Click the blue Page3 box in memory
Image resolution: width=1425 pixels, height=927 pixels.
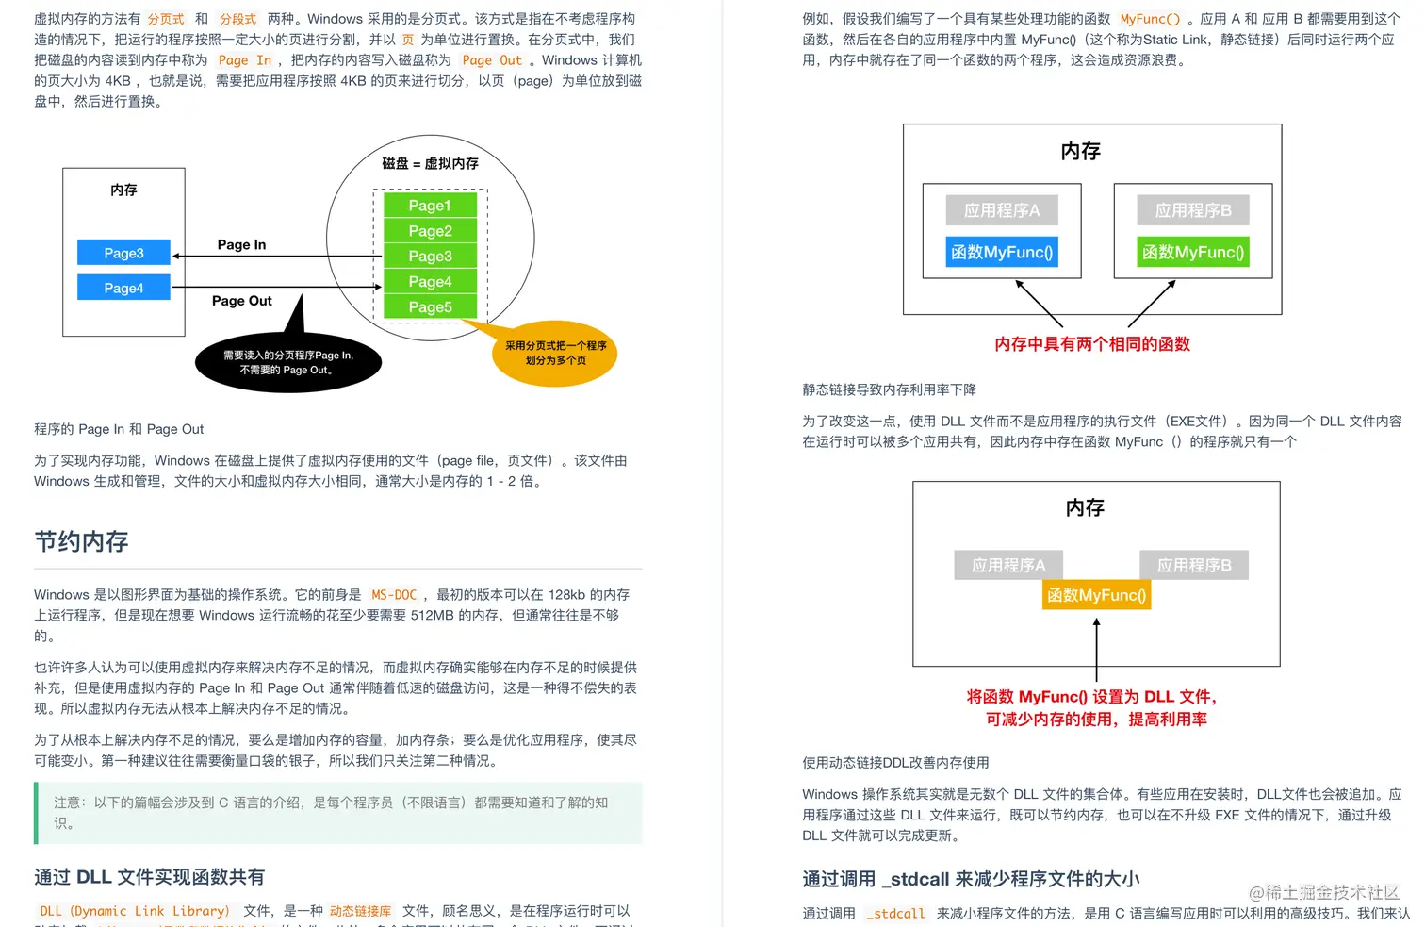pyautogui.click(x=123, y=253)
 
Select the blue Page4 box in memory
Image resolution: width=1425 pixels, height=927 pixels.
pyautogui.click(x=123, y=288)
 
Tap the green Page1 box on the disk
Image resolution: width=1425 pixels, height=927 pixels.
pyautogui.click(x=430, y=206)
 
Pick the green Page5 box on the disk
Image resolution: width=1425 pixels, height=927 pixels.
pyautogui.click(x=430, y=306)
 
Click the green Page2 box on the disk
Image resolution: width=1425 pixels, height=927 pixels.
pyautogui.click(x=430, y=231)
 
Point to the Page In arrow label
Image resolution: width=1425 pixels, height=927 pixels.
pyautogui.click(x=241, y=244)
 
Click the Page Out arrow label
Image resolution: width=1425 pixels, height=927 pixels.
pyautogui.click(x=241, y=301)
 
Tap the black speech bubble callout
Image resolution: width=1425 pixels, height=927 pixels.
pyautogui.click(x=287, y=362)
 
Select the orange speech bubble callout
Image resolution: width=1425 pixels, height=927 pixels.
pyautogui.click(x=555, y=353)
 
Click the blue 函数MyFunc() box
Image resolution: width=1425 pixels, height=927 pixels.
pyautogui.click(x=1002, y=252)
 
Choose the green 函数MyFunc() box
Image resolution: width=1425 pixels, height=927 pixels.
pyautogui.click(x=1193, y=252)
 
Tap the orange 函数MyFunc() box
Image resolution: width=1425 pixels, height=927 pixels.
pyautogui.click(x=1096, y=595)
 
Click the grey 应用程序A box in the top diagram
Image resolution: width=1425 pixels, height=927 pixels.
pyautogui.click(x=1002, y=210)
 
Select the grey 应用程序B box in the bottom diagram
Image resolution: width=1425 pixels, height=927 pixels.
pyautogui.click(x=1194, y=565)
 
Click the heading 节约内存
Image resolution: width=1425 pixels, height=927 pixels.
pyautogui.click(x=81, y=541)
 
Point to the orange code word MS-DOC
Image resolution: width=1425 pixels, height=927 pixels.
pyautogui.click(x=394, y=595)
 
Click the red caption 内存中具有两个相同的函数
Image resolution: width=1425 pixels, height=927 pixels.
pyautogui.click(x=1092, y=344)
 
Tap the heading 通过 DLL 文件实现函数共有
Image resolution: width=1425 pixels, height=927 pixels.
pyautogui.click(x=149, y=877)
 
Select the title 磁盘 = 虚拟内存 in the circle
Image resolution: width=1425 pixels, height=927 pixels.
pyautogui.click(x=430, y=163)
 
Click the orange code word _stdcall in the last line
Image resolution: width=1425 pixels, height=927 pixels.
pyautogui.click(x=895, y=914)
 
